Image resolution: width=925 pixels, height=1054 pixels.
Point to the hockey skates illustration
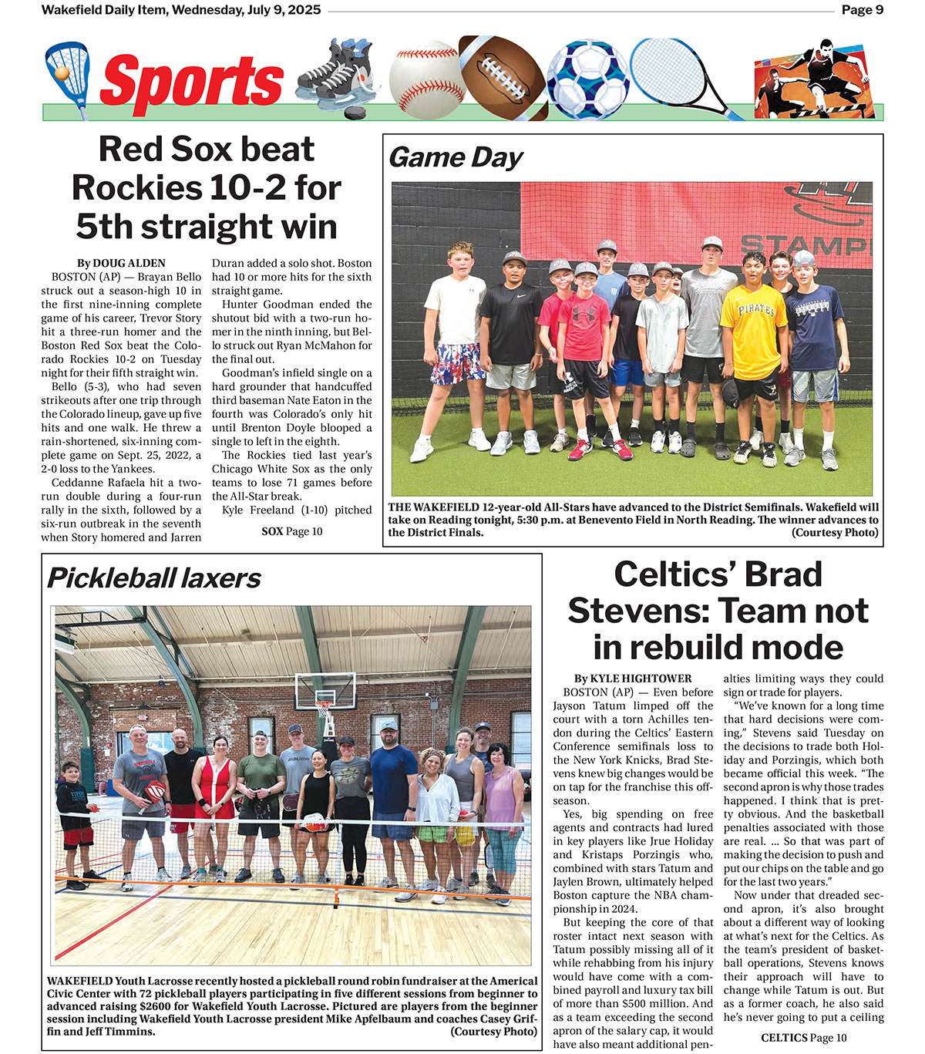pyautogui.click(x=336, y=77)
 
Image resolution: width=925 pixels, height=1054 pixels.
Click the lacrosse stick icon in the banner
pyautogui.click(x=67, y=77)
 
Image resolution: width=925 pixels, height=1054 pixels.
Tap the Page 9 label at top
pyautogui.click(x=862, y=10)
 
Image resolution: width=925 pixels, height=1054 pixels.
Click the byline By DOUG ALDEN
pyautogui.click(x=121, y=263)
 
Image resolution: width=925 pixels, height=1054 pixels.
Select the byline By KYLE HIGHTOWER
pyautogui.click(x=632, y=679)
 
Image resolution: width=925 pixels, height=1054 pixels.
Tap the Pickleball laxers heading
pyautogui.click(x=154, y=578)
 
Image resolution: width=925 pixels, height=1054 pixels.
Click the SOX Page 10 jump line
pyautogui.click(x=292, y=531)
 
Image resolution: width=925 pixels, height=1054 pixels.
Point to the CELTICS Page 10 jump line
pyautogui.click(x=803, y=1038)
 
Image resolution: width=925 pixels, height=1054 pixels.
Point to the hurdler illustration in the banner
pyautogui.click(x=817, y=77)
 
